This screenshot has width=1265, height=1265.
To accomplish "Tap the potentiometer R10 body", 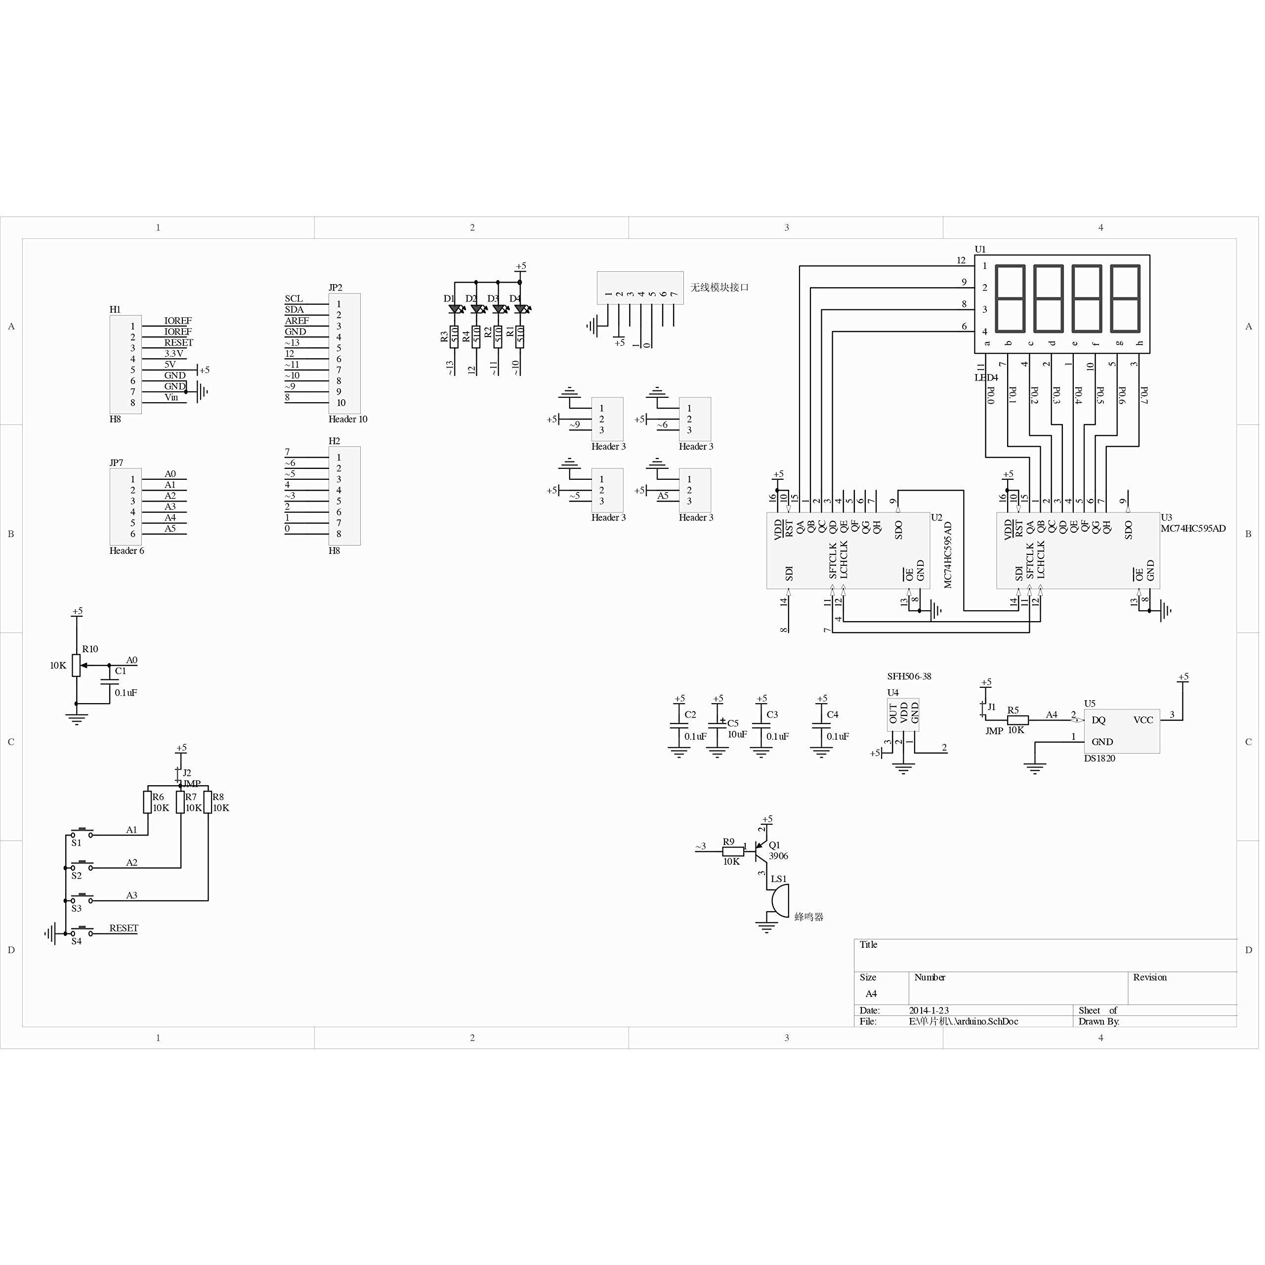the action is point(77,665).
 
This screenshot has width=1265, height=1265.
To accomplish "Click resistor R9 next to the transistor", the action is point(733,852).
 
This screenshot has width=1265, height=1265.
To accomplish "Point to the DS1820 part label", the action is point(1099,758).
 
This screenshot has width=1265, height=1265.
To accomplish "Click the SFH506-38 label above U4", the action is point(909,676).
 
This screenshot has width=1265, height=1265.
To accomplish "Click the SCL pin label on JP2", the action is point(294,298).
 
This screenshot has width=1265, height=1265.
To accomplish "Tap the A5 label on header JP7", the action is point(170,528).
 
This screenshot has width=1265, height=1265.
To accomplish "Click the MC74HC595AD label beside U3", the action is point(1193,528).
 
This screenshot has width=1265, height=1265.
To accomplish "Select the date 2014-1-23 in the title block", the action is point(928,1011).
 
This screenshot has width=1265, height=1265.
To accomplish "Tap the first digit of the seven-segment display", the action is point(1010,298).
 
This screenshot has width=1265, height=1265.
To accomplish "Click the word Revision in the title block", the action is point(1150,977).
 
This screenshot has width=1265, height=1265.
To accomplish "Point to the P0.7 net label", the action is point(1144,395).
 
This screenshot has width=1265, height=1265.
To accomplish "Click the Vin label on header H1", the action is point(171,397).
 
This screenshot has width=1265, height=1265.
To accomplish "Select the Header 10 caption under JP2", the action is point(348,419).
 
